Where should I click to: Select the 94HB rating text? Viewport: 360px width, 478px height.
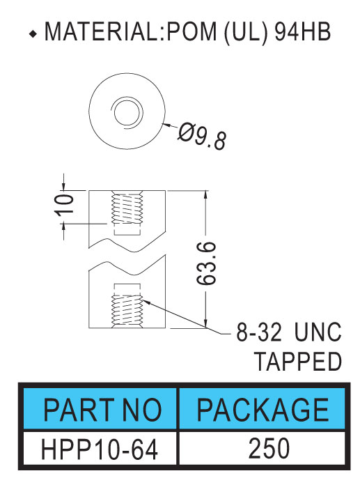[x=302, y=31]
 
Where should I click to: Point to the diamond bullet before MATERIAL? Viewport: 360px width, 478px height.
[x=33, y=34]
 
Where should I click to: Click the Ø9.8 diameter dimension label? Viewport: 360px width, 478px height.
[x=202, y=137]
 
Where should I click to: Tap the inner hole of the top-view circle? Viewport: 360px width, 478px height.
[x=127, y=112]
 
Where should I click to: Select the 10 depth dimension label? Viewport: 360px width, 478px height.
[x=64, y=204]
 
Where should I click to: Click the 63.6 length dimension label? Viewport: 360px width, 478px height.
[x=206, y=263]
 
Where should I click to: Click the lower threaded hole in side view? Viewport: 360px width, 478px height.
[x=127, y=310]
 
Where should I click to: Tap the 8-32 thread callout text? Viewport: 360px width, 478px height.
[x=259, y=332]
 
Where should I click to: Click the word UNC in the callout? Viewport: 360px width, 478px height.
[x=318, y=332]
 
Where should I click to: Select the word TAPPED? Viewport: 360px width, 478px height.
[x=298, y=361]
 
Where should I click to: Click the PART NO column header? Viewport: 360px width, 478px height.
[x=102, y=410]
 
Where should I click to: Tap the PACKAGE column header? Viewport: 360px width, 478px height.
[x=263, y=410]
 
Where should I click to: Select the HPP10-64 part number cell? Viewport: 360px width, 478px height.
[x=100, y=449]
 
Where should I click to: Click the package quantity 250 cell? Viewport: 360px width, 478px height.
[x=269, y=448]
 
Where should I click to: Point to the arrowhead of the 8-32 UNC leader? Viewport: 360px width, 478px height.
[x=146, y=302]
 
